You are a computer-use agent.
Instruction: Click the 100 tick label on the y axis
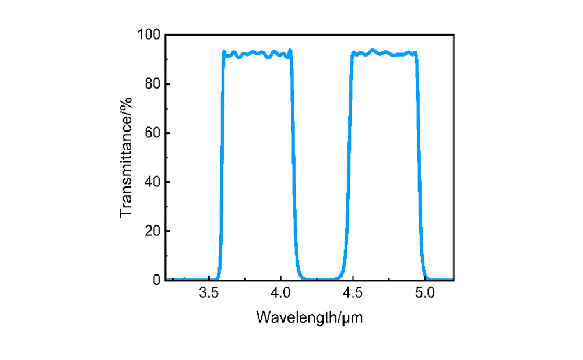click(x=148, y=36)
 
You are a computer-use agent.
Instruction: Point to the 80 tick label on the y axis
click(x=152, y=84)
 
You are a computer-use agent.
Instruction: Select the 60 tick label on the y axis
click(x=152, y=133)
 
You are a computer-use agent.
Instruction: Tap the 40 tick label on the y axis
click(x=152, y=182)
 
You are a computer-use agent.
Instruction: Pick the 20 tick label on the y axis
click(x=152, y=231)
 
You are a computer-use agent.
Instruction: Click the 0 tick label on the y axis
click(x=156, y=280)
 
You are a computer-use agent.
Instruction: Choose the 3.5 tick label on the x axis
click(x=209, y=293)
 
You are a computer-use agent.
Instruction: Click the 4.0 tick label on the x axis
click(x=280, y=293)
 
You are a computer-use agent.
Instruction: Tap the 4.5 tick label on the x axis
click(x=353, y=293)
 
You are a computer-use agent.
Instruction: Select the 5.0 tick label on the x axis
click(x=424, y=293)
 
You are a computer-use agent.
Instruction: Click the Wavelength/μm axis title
click(x=310, y=317)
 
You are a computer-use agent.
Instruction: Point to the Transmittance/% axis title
click(x=127, y=158)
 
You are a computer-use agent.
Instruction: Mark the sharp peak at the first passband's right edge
click(x=290, y=50)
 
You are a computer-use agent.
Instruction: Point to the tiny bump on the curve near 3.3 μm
click(x=184, y=278)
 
